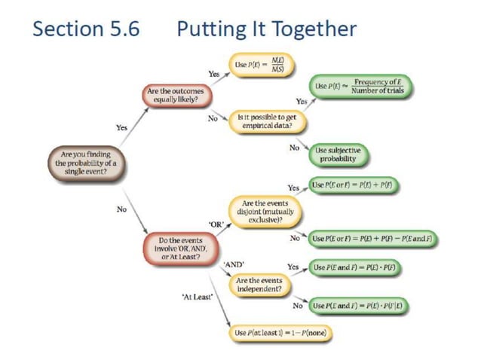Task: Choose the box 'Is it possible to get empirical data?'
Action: [x=261, y=121]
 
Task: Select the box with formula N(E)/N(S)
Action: [x=261, y=66]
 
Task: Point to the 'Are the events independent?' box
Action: [x=260, y=284]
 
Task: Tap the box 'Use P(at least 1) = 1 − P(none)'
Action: [x=283, y=332]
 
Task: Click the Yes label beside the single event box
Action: [x=121, y=128]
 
